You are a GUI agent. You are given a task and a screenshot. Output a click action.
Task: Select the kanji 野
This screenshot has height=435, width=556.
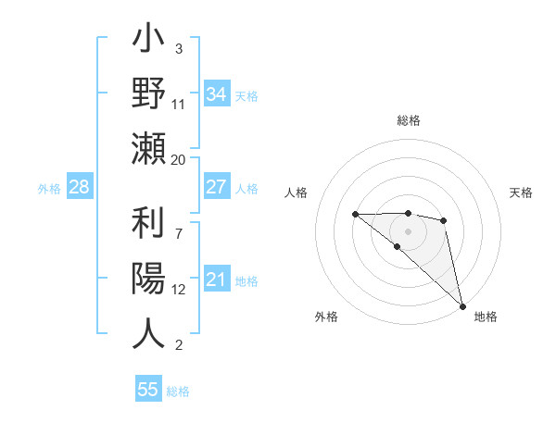148,95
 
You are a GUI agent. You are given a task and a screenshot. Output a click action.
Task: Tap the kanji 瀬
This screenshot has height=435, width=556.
148,149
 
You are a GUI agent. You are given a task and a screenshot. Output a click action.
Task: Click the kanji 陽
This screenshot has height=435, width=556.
148,279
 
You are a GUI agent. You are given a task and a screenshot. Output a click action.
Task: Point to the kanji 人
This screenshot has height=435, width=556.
148,333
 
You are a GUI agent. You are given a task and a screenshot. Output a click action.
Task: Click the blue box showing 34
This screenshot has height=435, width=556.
217,93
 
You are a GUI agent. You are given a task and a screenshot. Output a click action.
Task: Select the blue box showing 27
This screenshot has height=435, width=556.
217,187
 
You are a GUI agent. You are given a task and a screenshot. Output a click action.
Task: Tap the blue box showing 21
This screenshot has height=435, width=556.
217,280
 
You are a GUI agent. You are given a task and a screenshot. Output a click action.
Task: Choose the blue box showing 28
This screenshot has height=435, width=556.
80,187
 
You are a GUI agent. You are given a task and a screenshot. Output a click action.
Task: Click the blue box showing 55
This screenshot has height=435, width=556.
148,390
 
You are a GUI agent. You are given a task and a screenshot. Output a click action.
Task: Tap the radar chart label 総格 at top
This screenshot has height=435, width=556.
408,120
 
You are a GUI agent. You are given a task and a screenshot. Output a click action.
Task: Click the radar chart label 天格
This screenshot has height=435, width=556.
521,193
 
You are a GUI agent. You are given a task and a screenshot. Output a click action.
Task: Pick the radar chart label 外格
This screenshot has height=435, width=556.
326,317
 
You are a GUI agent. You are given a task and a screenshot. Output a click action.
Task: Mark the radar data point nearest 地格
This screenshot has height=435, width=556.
461,305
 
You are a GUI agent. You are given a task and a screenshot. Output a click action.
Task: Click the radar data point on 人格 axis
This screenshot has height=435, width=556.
355,214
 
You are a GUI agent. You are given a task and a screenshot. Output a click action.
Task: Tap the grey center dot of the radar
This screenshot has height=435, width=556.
408,230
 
